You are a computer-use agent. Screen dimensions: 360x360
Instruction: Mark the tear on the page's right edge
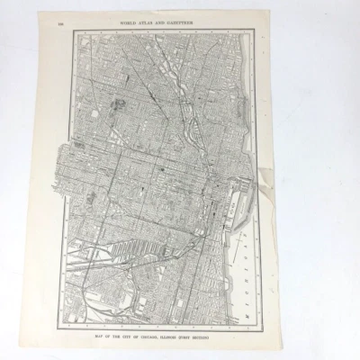click(x=271, y=171)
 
